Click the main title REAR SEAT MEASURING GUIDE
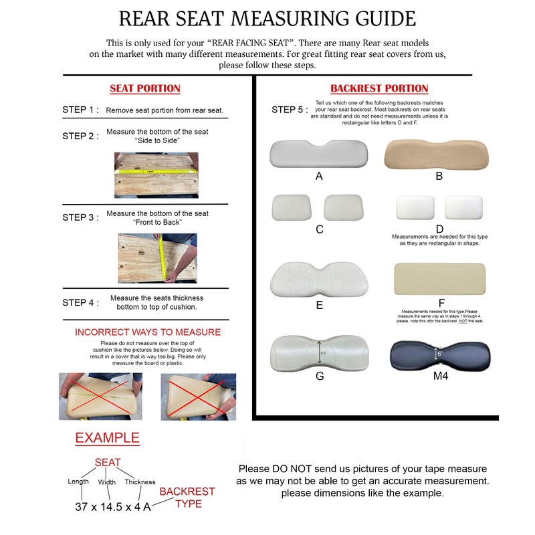tap(267, 18)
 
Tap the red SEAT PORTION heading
tap(145, 88)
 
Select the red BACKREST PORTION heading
tap(379, 88)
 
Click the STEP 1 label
tap(80, 110)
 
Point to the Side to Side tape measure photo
tap(156, 175)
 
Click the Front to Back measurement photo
tap(156, 257)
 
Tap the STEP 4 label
tap(80, 302)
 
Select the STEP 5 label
tap(290, 110)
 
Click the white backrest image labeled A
tap(318, 154)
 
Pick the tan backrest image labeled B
tap(438, 154)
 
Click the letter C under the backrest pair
tap(320, 229)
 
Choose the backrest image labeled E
tap(319, 280)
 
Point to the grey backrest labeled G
tap(320, 352)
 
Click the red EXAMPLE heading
tap(107, 439)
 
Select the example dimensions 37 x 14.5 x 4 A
tap(113, 506)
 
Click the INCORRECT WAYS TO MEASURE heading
tap(148, 332)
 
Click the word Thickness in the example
tap(139, 481)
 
